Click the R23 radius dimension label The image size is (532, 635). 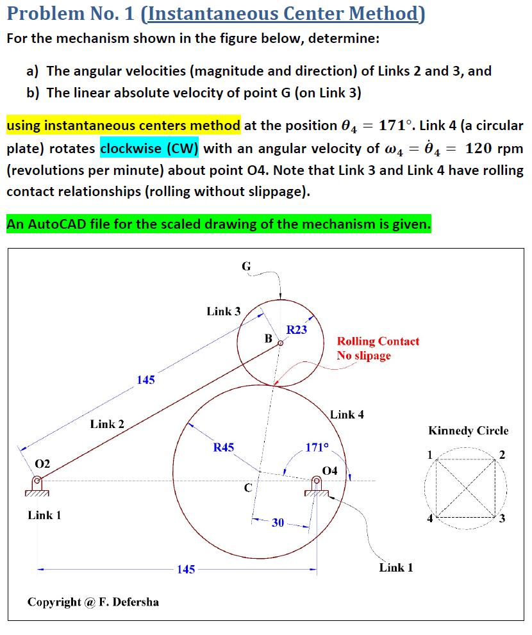296,330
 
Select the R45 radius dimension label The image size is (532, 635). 224,447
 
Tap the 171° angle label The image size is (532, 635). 317,447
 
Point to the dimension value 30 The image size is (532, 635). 278,523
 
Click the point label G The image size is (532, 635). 247,266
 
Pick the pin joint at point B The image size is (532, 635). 280,343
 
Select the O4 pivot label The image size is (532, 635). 329,471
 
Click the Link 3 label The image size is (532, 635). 224,311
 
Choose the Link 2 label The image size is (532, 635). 107,424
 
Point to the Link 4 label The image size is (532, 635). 347,415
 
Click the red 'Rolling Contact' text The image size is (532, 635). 378,342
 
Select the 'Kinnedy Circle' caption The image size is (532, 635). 468,431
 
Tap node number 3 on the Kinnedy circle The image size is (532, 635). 502,519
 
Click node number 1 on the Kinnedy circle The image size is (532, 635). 429,455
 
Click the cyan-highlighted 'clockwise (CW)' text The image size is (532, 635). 149,149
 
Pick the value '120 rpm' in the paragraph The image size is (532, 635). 494,149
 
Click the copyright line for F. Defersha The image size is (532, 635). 93,602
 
